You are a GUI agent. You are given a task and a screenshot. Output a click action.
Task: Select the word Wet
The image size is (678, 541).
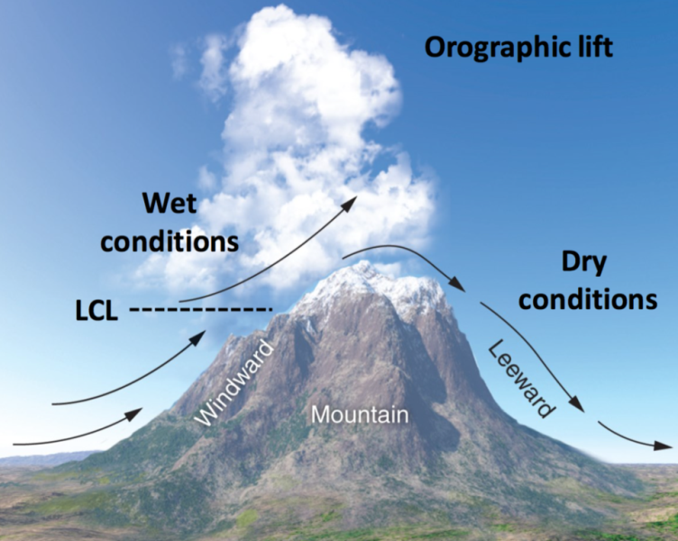(169, 203)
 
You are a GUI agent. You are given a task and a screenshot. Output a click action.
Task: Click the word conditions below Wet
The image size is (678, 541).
(169, 242)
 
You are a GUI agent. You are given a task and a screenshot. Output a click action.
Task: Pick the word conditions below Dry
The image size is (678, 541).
(588, 298)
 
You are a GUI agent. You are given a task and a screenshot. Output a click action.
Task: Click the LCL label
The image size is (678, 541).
(96, 311)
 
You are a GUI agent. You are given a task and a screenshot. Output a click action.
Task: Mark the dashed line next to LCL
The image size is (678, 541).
(201, 309)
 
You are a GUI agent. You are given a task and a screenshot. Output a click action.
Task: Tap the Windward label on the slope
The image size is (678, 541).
(234, 383)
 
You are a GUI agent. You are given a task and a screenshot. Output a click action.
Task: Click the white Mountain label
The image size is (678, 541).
(360, 415)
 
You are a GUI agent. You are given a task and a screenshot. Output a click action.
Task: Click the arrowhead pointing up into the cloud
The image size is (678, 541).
(349, 203)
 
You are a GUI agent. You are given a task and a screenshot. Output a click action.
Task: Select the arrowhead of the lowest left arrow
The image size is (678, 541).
(134, 414)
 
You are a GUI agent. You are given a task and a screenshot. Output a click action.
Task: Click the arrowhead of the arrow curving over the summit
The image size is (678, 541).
(456, 285)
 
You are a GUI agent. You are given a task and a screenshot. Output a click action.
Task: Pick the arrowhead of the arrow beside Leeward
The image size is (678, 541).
(576, 404)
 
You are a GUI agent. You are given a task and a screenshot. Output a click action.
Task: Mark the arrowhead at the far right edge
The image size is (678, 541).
(664, 445)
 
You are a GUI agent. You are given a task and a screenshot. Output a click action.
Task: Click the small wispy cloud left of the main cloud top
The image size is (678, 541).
(179, 60)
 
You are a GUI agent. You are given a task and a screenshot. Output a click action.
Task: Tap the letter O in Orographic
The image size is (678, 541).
(435, 48)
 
